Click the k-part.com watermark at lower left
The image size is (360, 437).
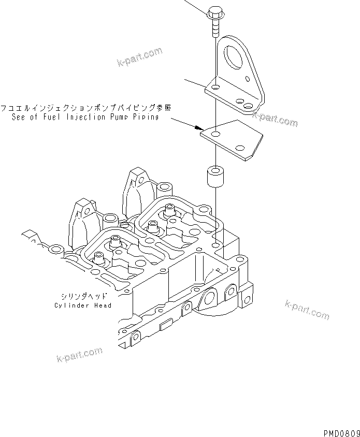(79, 355)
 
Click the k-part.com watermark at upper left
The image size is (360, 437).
(139, 59)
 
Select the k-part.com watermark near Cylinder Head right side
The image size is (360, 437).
(307, 310)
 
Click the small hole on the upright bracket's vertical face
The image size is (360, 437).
(250, 80)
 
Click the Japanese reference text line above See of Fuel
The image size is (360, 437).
(85, 108)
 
